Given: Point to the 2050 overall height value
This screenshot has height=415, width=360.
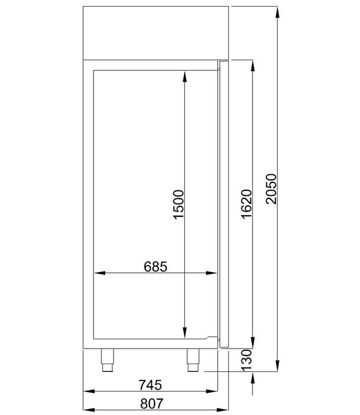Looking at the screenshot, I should coord(271,189).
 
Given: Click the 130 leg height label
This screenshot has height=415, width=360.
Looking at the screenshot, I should coord(247,360).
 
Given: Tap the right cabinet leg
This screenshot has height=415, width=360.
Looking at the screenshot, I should coord(193,360).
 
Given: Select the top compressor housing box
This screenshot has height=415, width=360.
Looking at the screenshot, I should coord(156,32).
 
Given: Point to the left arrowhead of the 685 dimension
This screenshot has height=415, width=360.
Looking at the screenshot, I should coord(97,272).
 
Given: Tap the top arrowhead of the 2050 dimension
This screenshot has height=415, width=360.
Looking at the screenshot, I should coord(276,9).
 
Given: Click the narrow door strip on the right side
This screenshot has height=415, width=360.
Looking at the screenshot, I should coord(224,205).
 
